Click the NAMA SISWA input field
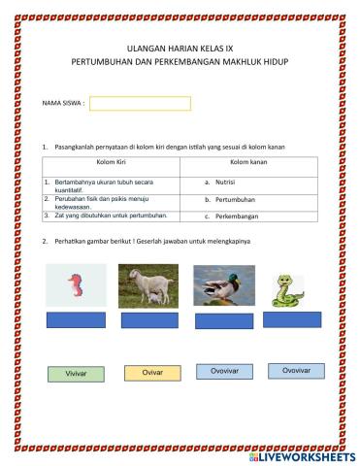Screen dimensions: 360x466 click(x=140, y=104)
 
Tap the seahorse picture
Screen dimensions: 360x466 click(x=76, y=285)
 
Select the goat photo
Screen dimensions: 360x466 click(x=148, y=285)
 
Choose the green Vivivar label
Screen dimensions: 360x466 click(x=76, y=374)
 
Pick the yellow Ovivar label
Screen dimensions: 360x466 click(x=152, y=373)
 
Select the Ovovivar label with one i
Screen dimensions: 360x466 click(x=224, y=371)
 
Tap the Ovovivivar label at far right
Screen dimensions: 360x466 click(x=296, y=371)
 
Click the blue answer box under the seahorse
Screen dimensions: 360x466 click(x=77, y=320)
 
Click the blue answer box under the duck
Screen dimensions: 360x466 click(x=223, y=318)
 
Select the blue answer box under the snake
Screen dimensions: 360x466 click(x=292, y=318)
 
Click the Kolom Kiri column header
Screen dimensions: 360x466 click(x=113, y=163)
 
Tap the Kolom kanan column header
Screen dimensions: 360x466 click(x=249, y=163)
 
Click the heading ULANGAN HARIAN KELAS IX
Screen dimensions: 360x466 click(x=180, y=47)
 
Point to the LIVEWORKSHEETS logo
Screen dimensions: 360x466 click(x=302, y=455)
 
